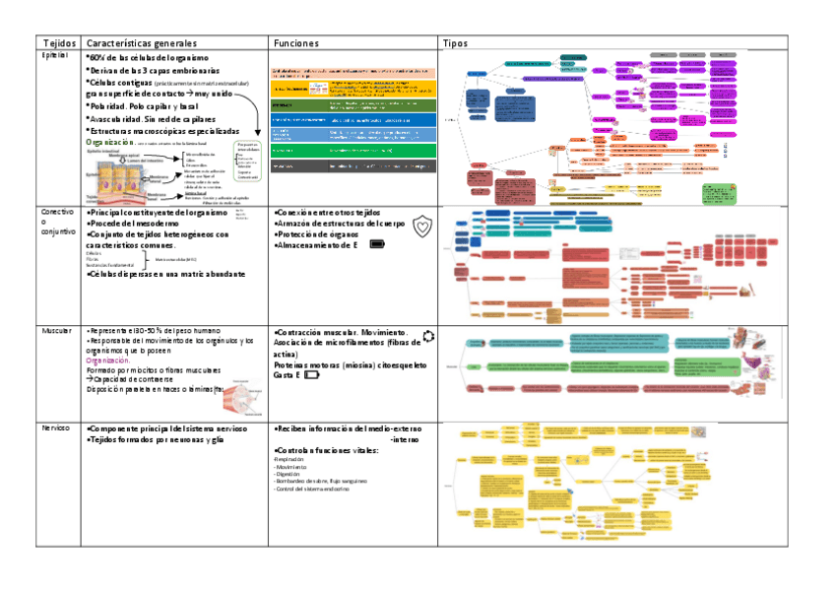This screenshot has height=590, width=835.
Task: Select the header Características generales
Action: (142, 43)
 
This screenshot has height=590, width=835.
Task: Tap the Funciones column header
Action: (296, 43)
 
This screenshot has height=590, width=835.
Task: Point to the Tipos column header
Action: (455, 43)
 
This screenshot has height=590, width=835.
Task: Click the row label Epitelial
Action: (53, 56)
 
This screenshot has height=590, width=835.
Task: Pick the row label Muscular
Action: (55, 330)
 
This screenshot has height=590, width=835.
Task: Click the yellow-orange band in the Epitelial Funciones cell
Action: (352, 88)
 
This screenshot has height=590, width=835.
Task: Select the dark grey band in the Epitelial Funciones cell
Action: (352, 166)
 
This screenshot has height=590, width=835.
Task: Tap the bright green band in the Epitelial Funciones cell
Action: (352, 151)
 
